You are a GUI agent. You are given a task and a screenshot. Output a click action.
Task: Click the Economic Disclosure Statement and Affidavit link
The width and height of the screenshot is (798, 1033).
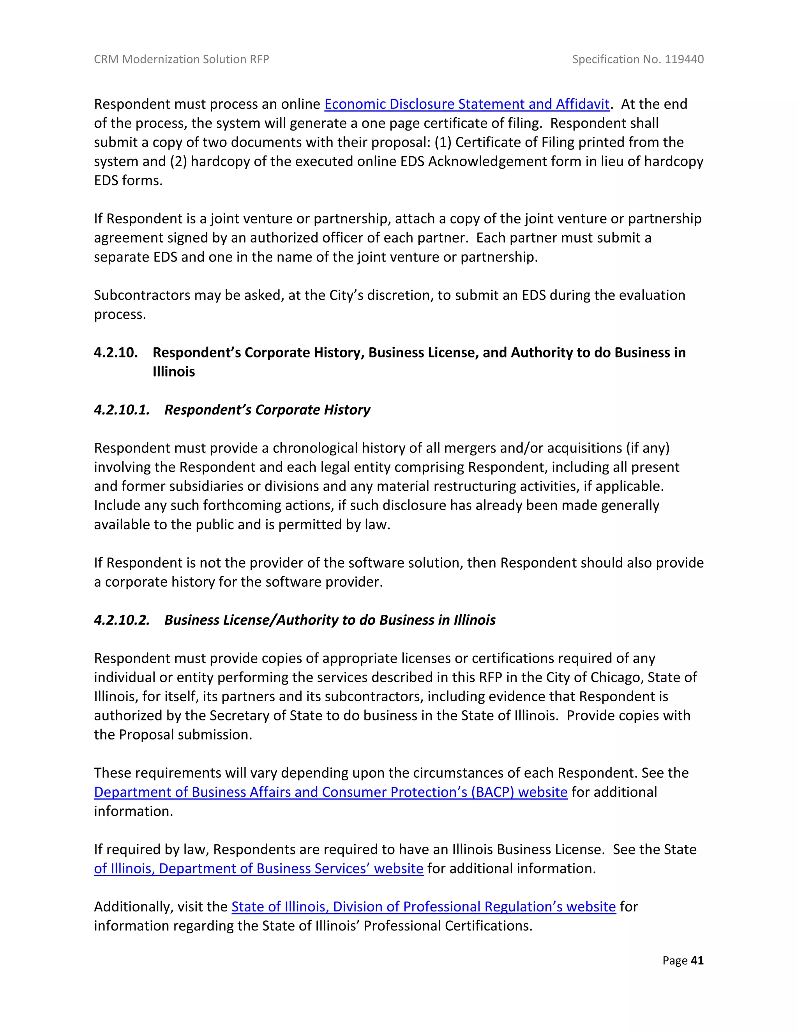pyautogui.click(x=466, y=104)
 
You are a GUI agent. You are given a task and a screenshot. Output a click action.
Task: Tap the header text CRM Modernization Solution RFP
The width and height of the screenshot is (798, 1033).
pyautogui.click(x=182, y=59)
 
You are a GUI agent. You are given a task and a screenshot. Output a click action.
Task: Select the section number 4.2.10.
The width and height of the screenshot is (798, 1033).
pyautogui.click(x=116, y=352)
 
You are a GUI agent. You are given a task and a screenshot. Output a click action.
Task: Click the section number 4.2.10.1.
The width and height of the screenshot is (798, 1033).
pyautogui.click(x=122, y=410)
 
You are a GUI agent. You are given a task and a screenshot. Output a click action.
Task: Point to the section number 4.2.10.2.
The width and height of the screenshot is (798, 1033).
pyautogui.click(x=122, y=620)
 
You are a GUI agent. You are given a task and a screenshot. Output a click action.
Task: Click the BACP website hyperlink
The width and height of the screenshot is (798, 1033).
pyautogui.click(x=330, y=792)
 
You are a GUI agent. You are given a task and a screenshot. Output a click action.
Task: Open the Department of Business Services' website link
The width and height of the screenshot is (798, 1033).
pyautogui.click(x=259, y=868)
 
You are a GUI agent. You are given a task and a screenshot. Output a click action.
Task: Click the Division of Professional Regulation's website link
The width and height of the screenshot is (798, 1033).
pyautogui.click(x=424, y=907)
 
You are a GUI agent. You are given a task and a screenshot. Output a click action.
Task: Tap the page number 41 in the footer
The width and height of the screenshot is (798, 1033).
pyautogui.click(x=697, y=960)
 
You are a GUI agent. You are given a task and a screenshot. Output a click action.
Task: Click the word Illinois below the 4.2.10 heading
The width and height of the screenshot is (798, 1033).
pyautogui.click(x=173, y=372)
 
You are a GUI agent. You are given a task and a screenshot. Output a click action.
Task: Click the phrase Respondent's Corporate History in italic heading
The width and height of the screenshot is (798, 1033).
pyautogui.click(x=267, y=410)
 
